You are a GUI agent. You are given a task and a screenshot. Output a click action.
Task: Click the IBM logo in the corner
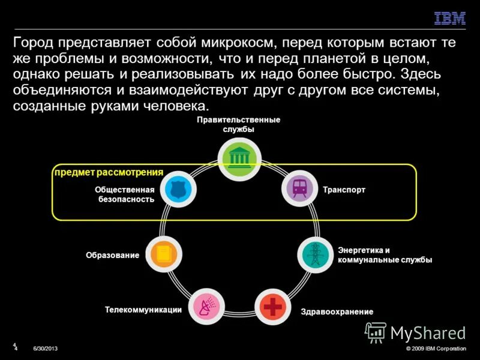(x=450, y=18)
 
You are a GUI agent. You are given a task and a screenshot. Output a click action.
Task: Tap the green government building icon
(x=239, y=158)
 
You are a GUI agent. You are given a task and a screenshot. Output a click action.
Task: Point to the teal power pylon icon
(x=314, y=254)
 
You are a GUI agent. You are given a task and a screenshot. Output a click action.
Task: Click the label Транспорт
(x=344, y=190)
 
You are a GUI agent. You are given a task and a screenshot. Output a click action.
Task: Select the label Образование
(x=112, y=256)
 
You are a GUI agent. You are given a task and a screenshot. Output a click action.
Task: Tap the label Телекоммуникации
(x=143, y=310)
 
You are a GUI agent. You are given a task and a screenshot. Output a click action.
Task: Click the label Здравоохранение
(x=337, y=312)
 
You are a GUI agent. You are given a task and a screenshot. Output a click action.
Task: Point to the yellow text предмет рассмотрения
(x=109, y=172)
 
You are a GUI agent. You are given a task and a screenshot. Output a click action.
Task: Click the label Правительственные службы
(x=239, y=124)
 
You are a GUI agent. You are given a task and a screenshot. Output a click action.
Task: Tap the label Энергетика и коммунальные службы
(x=385, y=255)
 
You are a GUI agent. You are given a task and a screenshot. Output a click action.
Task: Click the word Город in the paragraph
(x=32, y=43)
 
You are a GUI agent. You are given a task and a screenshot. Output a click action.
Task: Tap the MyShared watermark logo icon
(x=376, y=332)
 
